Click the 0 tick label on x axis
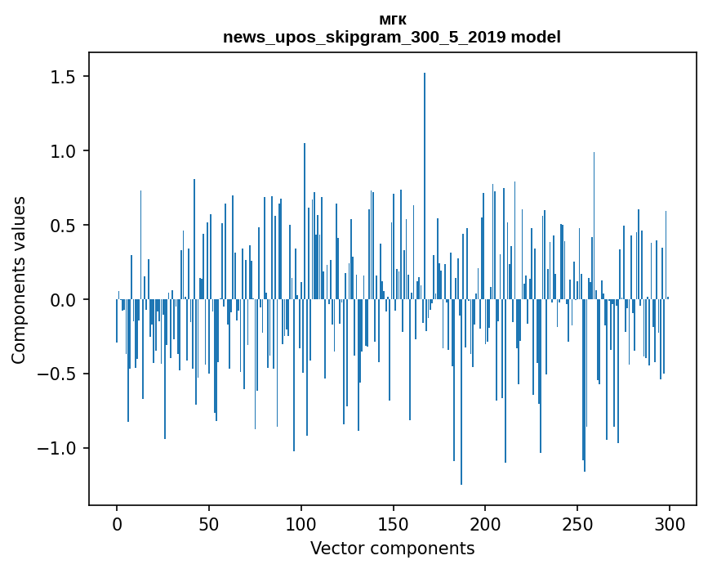(x=117, y=522)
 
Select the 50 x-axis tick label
(x=209, y=522)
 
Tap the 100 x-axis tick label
(x=301, y=522)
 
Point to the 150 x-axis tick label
(x=394, y=522)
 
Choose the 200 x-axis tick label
(x=485, y=522)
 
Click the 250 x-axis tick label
(x=577, y=522)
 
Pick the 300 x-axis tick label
(x=670, y=522)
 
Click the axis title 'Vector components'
(x=392, y=548)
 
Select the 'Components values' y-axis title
(x=20, y=280)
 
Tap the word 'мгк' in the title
(x=392, y=20)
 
